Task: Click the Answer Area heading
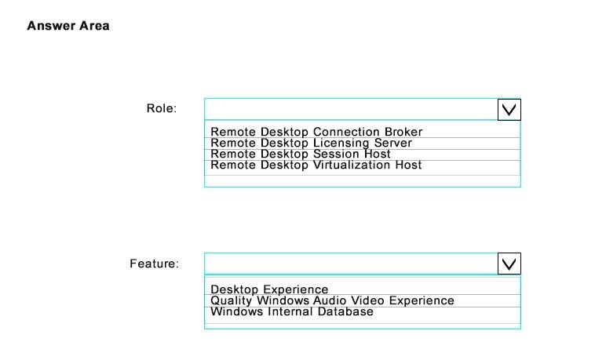pyautogui.click(x=68, y=26)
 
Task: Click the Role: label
pyautogui.click(x=162, y=108)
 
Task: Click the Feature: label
pyautogui.click(x=154, y=264)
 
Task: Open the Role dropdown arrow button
pyautogui.click(x=509, y=110)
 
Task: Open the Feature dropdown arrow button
pyautogui.click(x=509, y=264)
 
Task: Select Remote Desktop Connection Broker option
pyautogui.click(x=316, y=132)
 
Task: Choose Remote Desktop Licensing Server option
pyautogui.click(x=311, y=143)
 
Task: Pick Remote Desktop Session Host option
pyautogui.click(x=301, y=154)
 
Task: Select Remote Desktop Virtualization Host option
pyautogui.click(x=316, y=165)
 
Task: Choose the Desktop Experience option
pyautogui.click(x=269, y=289)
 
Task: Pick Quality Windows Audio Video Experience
pyautogui.click(x=332, y=300)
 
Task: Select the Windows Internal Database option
pyautogui.click(x=292, y=311)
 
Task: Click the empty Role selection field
pyautogui.click(x=351, y=110)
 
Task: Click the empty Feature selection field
pyautogui.click(x=351, y=264)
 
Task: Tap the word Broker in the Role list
pyautogui.click(x=403, y=132)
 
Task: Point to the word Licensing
pyautogui.click(x=341, y=144)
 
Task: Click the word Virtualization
pyautogui.click(x=352, y=165)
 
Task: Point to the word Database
pyautogui.click(x=345, y=311)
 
